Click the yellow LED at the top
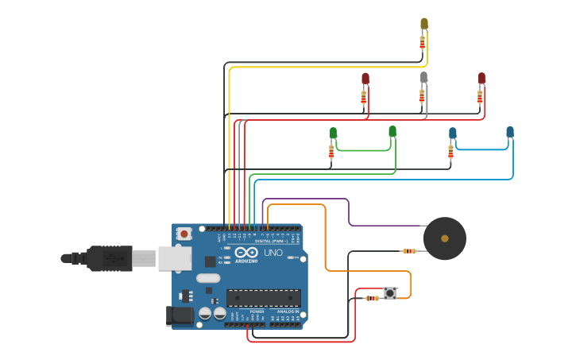tap(424, 24)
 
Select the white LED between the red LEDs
tap(423, 77)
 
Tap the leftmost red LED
tap(365, 78)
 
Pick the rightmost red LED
tap(481, 78)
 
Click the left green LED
tap(333, 132)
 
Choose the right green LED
tap(392, 131)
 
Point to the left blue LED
tap(452, 133)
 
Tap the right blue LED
tap(510, 132)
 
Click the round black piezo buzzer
tap(444, 238)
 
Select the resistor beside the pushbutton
tap(371, 298)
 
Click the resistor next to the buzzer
tap(409, 251)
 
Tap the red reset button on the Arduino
tap(184, 234)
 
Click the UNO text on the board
tap(273, 253)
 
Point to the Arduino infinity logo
tap(245, 253)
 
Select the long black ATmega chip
tap(263, 298)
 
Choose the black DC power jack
tap(180, 315)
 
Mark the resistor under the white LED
tap(422, 96)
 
